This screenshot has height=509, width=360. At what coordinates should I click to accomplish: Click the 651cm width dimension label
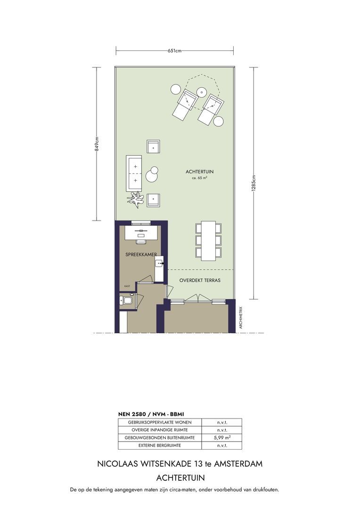click(x=175, y=50)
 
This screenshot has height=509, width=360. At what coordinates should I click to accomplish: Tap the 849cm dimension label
click(x=97, y=144)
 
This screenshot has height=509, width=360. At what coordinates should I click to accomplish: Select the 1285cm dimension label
click(x=254, y=183)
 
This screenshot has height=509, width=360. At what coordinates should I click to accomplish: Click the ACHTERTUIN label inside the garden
click(x=199, y=172)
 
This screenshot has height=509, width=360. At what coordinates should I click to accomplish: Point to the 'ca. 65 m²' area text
click(x=200, y=178)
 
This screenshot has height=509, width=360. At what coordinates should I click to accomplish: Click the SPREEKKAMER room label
click(x=141, y=254)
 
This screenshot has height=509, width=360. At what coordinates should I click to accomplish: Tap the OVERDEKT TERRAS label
click(x=200, y=280)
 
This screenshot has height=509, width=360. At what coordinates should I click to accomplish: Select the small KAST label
click(x=127, y=286)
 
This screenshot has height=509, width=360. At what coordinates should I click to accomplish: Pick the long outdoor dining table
click(x=208, y=241)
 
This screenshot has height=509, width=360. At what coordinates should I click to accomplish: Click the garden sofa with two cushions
click(x=134, y=173)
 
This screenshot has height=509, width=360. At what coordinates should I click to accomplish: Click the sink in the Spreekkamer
click(x=159, y=263)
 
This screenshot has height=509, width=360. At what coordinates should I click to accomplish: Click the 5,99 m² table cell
click(x=222, y=437)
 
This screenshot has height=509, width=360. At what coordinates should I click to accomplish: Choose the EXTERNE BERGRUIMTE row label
click(x=160, y=445)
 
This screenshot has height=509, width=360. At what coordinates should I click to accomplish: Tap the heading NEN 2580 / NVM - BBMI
click(x=151, y=414)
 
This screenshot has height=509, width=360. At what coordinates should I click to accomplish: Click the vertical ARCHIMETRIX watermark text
click(x=241, y=318)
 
